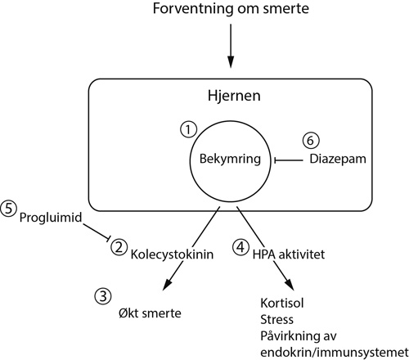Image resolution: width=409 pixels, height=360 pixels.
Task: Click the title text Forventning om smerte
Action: point(231,8)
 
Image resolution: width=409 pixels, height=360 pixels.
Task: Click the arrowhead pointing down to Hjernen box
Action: point(231,62)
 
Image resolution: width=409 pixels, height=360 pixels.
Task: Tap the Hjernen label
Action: point(234,97)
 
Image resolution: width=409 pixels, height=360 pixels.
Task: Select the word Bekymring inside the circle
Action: point(230,160)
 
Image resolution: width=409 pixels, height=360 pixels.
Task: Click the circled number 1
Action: point(188,129)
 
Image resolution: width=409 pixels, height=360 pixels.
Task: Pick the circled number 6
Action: point(311,141)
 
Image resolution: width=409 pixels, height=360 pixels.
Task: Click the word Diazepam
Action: point(338,159)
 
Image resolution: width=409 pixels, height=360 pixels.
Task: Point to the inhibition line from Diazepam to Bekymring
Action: point(288,160)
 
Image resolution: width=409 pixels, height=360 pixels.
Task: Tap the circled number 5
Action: point(8,209)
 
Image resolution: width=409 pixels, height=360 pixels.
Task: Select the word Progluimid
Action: point(51,218)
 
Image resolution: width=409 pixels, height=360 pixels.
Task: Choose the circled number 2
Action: point(119,247)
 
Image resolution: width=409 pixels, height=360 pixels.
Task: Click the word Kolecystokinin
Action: point(172,254)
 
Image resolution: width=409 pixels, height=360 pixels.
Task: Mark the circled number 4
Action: point(240,248)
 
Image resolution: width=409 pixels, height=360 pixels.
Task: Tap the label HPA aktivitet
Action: point(289,254)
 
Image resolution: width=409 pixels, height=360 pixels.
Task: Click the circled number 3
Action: point(103,297)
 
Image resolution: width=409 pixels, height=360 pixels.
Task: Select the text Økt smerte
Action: point(150,313)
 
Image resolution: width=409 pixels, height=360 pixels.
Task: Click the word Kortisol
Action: point(282,304)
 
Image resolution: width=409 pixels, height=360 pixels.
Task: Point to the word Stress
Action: point(276,320)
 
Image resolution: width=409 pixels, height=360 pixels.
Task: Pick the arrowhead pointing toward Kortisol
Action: point(290,285)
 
